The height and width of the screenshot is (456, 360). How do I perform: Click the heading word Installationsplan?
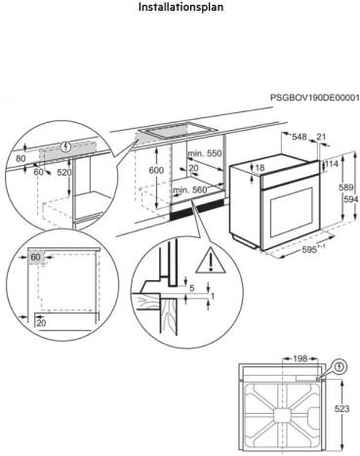point(180,7)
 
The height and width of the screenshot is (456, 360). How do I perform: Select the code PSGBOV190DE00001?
point(314,99)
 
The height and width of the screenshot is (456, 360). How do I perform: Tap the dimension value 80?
point(20,156)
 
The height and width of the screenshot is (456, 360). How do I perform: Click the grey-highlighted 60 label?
point(35,258)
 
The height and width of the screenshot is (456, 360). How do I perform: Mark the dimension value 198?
point(300,359)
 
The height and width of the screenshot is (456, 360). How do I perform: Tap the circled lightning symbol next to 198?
point(338,368)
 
